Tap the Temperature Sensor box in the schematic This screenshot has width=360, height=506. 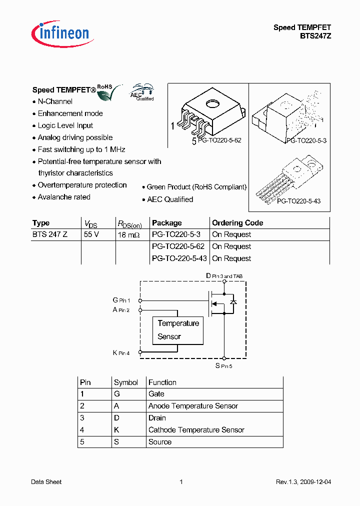(177, 330)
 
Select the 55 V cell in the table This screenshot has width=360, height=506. (91, 234)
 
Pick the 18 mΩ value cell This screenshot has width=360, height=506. (129, 234)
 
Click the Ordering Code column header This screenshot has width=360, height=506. (237, 223)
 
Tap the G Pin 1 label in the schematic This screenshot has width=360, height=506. (121, 300)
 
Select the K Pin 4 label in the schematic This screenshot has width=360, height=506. (121, 353)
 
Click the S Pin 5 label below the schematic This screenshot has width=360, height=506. (224, 366)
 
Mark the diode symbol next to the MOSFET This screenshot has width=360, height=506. (233, 302)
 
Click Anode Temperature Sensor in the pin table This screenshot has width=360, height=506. (193, 406)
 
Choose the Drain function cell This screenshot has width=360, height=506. (157, 418)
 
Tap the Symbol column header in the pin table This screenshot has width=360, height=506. (125, 382)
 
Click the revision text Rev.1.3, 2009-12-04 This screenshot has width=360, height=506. (303, 482)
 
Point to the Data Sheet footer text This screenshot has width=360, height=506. (46, 482)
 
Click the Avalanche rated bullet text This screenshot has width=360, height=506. (64, 197)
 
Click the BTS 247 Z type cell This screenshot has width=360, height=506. (50, 234)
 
